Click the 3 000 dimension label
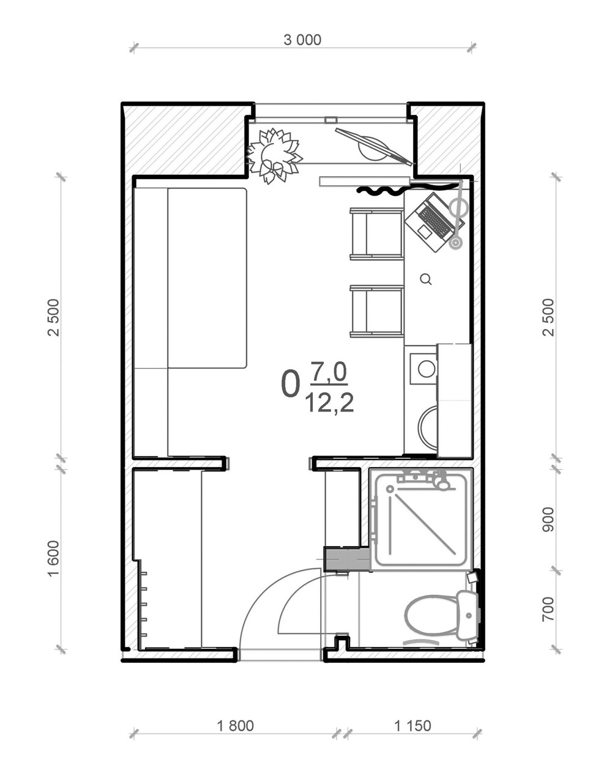coord(302,40)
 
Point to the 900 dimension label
coord(548,519)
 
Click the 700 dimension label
coord(548,609)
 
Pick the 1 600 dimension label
coord(53,559)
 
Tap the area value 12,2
coord(330,403)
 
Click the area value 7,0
coord(329,372)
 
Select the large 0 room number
coord(290,384)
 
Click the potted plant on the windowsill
coord(274,156)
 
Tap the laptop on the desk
coord(435,223)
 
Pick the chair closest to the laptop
coord(377,234)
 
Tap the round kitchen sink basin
coord(427,369)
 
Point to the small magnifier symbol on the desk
coord(426,279)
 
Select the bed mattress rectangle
coord(207,278)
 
